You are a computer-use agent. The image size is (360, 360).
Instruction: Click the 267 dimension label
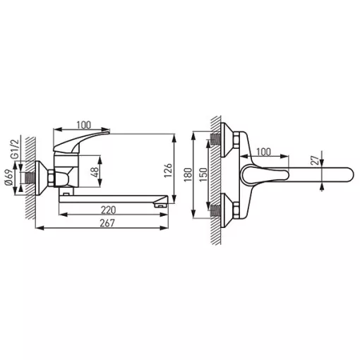[x=107, y=223]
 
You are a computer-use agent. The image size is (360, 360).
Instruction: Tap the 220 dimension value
[x=108, y=210]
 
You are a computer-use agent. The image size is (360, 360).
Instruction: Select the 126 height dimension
[x=168, y=170]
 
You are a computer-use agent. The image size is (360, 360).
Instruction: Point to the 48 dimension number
[x=95, y=172]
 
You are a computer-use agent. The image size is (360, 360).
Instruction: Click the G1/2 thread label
[x=14, y=149]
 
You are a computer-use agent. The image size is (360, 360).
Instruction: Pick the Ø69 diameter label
[x=8, y=177]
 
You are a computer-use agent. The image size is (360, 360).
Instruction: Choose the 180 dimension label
[x=188, y=174]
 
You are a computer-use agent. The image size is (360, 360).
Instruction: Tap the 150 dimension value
[x=203, y=174]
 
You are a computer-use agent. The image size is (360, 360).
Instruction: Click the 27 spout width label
[x=316, y=160]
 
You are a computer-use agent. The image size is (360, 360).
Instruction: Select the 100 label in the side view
[x=84, y=125]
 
